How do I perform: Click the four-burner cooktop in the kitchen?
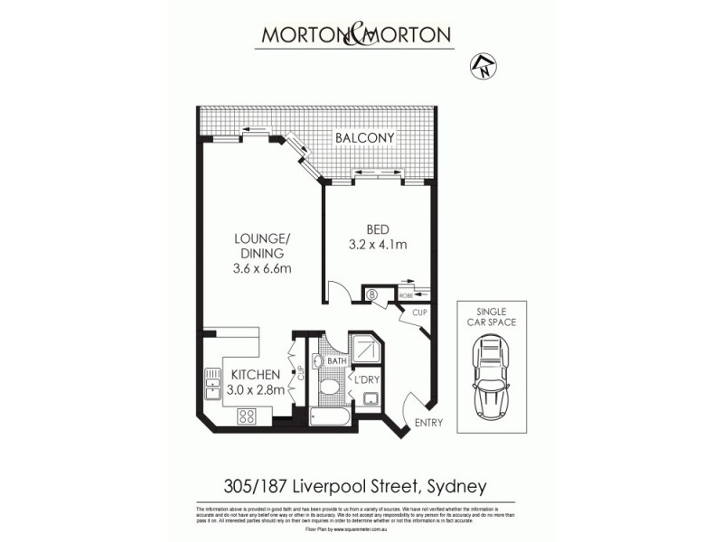246,416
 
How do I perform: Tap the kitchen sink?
212,384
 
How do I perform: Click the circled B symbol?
371,293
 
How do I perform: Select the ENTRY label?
428,423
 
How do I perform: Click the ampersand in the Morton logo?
355,35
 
